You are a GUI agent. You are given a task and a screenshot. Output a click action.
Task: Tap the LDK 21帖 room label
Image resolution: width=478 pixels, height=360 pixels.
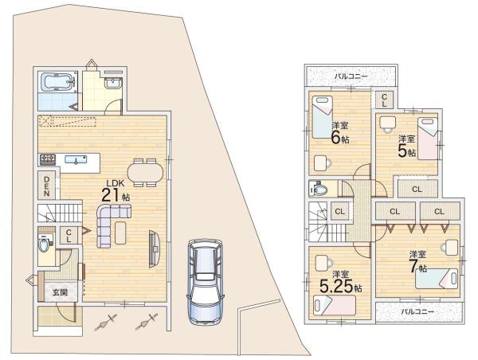click(116, 191)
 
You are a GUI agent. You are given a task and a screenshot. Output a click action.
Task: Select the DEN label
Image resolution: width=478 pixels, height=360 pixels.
click(47, 186)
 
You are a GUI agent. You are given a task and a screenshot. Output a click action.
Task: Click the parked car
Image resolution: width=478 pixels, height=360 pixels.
click(206, 280)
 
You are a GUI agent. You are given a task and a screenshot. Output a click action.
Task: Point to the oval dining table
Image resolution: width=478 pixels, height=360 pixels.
click(145, 172)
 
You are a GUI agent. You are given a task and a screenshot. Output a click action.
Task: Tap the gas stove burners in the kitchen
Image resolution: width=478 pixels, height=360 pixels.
click(48, 159)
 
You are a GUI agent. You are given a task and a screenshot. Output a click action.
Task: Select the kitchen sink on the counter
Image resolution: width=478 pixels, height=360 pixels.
click(76, 159)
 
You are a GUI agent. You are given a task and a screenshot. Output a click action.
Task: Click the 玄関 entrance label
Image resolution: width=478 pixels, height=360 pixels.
click(60, 292)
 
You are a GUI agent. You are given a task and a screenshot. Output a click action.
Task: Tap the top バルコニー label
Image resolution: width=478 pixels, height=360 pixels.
click(351, 76)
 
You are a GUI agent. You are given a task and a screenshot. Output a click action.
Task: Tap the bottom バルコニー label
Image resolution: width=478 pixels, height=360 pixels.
click(417, 311)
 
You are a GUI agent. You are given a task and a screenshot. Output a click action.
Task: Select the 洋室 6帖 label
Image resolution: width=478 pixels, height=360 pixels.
click(340, 133)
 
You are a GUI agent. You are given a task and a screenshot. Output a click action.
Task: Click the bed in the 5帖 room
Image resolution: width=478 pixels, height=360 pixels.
click(428, 139)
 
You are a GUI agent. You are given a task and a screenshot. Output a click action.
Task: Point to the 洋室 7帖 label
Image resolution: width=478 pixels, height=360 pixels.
click(417, 262)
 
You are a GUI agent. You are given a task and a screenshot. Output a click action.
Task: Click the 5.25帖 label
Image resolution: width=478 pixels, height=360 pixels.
click(340, 286)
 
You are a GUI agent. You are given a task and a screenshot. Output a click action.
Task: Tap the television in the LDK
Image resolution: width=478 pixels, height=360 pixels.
click(154, 249)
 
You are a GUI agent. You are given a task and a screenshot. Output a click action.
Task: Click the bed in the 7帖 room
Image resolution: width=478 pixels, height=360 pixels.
click(437, 278)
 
